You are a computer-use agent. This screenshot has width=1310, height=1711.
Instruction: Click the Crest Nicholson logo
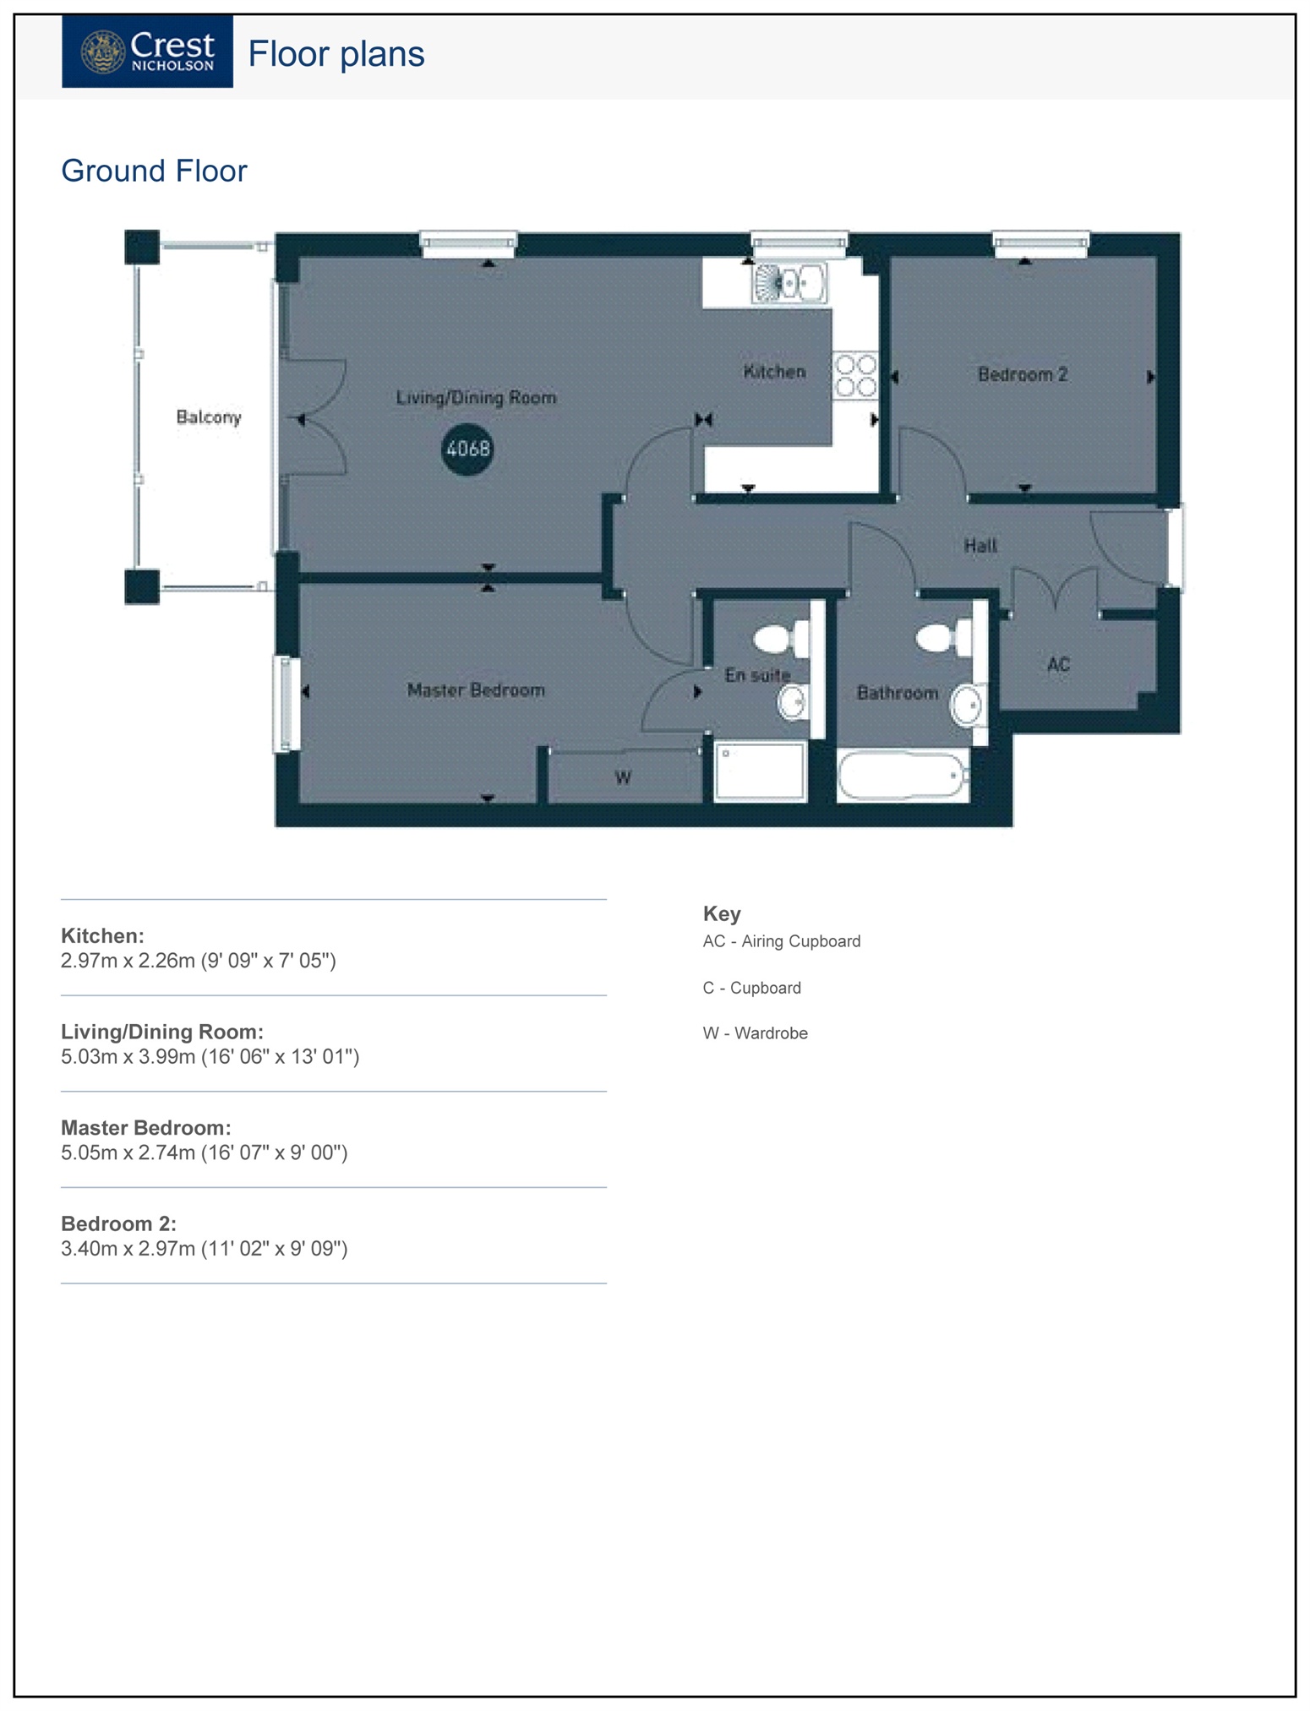[147, 52]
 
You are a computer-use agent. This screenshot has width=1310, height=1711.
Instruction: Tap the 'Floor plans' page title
[336, 55]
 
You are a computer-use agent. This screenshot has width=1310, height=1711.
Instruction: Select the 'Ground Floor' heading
[154, 172]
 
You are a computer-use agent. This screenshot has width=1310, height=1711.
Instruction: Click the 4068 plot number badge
[467, 449]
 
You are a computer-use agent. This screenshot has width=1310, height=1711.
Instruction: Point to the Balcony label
[209, 417]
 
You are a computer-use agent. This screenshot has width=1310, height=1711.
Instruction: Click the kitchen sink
[789, 283]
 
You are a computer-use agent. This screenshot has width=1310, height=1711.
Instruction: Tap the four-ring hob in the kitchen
[855, 376]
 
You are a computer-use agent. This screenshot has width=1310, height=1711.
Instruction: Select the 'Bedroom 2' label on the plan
[1023, 374]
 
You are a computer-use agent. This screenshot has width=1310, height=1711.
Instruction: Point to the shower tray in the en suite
[760, 771]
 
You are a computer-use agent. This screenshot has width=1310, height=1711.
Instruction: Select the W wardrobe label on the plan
[623, 778]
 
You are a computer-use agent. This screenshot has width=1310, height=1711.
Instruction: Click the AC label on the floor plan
[1058, 665]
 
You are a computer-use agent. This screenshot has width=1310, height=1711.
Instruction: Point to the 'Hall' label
[980, 546]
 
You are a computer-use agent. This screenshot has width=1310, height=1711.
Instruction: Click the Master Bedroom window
[286, 704]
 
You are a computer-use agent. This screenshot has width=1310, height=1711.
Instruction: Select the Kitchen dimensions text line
[199, 961]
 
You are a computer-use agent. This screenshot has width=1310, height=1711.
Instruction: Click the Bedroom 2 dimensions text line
[205, 1249]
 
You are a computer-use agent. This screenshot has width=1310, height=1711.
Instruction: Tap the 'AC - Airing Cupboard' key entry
[782, 941]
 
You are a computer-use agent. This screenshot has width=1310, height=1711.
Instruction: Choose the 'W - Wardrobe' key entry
[756, 1033]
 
